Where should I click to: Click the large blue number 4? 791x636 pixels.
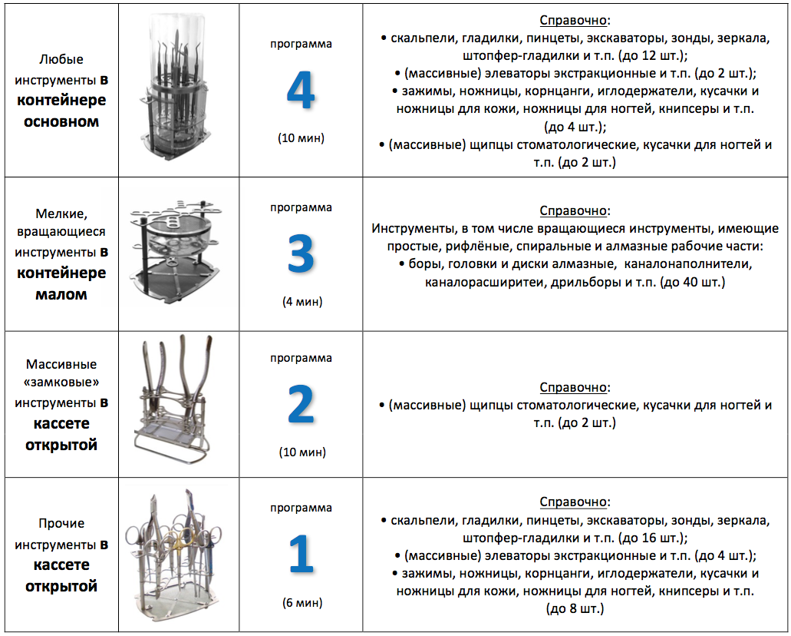coord(301,91)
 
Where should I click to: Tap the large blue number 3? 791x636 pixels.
coord(301,251)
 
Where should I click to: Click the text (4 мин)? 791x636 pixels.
coord(302,301)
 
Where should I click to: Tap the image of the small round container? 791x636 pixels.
coord(178,254)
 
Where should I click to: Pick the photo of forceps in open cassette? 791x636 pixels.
coord(178,404)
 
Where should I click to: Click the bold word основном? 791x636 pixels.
coord(71,121)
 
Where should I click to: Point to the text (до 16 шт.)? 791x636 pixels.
coord(651,538)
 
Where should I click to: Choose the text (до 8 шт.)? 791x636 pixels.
coord(575,608)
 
